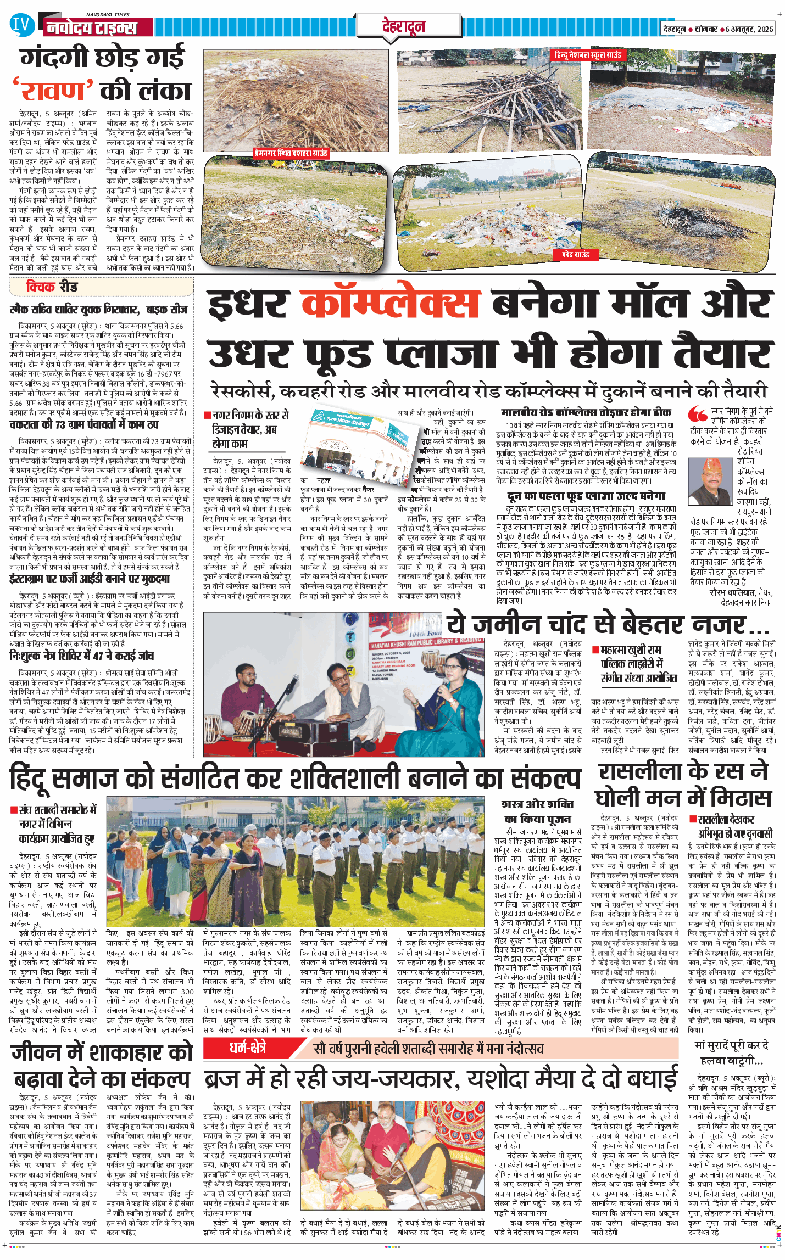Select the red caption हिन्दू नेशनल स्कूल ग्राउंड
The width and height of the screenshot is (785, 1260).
click(587, 55)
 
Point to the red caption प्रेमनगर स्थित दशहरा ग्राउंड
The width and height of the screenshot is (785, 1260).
click(291, 153)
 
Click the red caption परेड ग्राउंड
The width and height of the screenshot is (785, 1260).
click(575, 254)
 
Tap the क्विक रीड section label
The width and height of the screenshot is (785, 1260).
click(52, 287)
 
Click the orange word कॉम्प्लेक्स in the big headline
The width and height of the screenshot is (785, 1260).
click(391, 304)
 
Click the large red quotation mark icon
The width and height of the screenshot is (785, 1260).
click(698, 413)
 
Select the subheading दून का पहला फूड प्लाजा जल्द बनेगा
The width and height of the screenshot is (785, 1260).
click(586, 496)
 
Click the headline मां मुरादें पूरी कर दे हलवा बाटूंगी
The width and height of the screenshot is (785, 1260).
click(731, 1052)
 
